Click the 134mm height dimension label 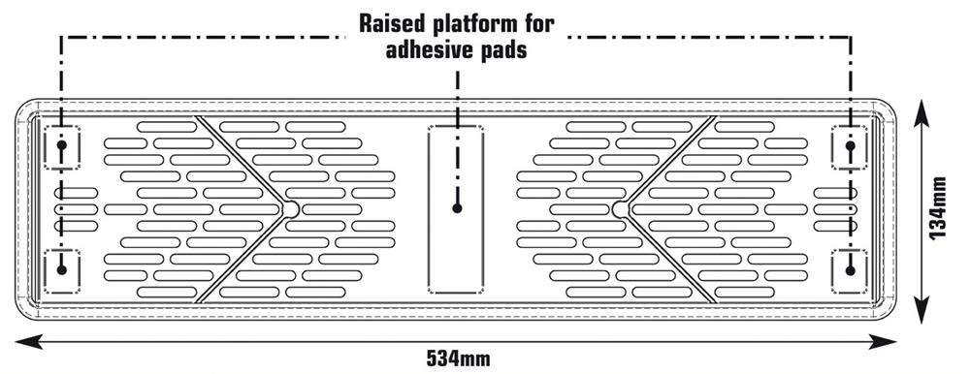coord(938,208)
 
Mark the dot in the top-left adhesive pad coord(61,145)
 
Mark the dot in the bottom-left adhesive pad coord(61,269)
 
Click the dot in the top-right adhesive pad coord(850,145)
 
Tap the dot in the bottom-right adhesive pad coord(850,270)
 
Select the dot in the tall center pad coord(457,208)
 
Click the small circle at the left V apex coord(290,209)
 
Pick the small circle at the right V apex coord(621,209)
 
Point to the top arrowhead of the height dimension coord(921,114)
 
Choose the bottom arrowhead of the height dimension coord(921,308)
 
